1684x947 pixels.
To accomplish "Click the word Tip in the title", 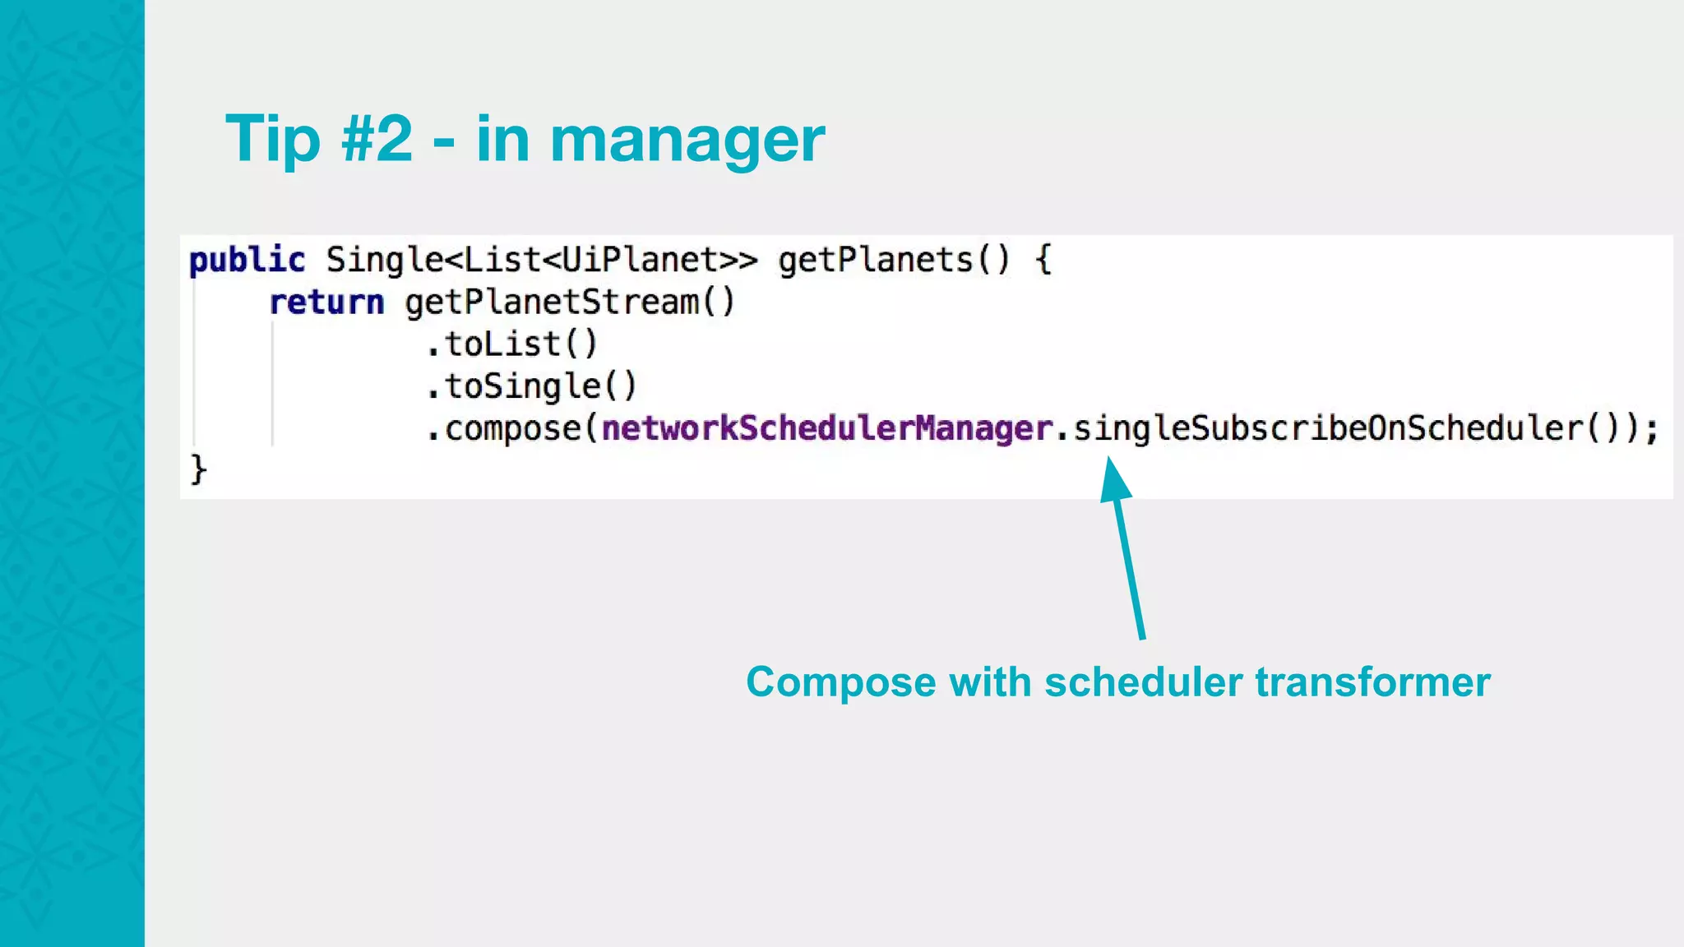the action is pyautogui.click(x=272, y=140).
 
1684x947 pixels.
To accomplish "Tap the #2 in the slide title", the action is pyautogui.click(x=377, y=138).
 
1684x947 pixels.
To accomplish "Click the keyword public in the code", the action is pyautogui.click(x=247, y=261).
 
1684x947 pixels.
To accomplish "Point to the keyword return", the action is pyautogui.click(x=326, y=303).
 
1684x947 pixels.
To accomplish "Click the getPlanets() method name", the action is pyautogui.click(x=893, y=261).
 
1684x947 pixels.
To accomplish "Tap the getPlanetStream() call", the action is pyautogui.click(x=569, y=303).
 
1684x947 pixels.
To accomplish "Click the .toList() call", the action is pyautogui.click(x=511, y=344).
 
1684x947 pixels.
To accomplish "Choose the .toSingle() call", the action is pyautogui.click(x=531, y=386).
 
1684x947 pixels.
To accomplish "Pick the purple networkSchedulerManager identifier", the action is pyautogui.click(x=827, y=428).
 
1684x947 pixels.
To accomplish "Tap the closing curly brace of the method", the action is pyautogui.click(x=198, y=470).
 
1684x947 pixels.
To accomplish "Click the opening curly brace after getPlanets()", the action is pyautogui.click(x=1043, y=261).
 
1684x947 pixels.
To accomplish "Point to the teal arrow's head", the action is pyautogui.click(x=1114, y=477).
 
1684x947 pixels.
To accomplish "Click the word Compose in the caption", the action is pyautogui.click(x=840, y=682).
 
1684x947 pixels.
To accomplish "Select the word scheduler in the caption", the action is pyautogui.click(x=1142, y=682).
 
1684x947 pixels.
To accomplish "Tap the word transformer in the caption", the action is pyautogui.click(x=1372, y=682).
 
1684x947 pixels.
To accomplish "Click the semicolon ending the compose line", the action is pyautogui.click(x=1651, y=430).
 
